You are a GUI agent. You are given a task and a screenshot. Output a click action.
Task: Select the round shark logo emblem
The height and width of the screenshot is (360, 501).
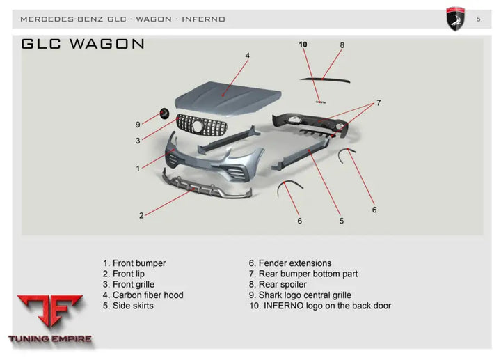(166, 113)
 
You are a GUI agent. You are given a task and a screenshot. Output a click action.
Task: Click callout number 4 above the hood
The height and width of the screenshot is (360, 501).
(247, 55)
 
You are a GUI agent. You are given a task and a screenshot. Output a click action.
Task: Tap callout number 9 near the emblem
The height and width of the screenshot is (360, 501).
(138, 125)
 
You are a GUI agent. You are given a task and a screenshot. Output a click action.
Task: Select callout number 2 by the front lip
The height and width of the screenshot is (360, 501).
(141, 216)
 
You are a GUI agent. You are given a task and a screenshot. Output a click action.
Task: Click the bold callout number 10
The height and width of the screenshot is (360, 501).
(303, 45)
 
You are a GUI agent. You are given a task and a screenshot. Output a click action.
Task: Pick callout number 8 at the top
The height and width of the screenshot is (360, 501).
(342, 45)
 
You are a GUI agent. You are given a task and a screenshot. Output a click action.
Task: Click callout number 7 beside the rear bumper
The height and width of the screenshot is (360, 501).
(379, 103)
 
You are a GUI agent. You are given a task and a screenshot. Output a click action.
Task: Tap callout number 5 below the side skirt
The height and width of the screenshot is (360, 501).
(342, 221)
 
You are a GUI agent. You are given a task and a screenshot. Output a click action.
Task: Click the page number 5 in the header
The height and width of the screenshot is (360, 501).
(479, 19)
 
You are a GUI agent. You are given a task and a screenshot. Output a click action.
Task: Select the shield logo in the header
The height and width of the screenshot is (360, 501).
(455, 19)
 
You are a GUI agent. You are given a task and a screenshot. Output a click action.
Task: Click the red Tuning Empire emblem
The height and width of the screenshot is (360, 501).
(49, 315)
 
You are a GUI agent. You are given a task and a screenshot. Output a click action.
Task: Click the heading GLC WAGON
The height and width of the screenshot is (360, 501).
(83, 44)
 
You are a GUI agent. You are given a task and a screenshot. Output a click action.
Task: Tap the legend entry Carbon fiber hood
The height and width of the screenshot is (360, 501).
(143, 295)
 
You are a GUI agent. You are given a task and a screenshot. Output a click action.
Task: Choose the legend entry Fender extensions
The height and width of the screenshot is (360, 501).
(290, 263)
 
